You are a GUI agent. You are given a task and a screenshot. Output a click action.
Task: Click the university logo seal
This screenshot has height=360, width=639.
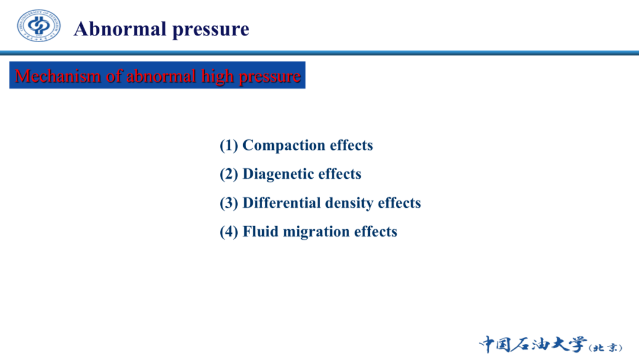(x=38, y=25)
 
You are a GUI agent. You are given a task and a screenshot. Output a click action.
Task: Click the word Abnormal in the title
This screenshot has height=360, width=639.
(x=120, y=29)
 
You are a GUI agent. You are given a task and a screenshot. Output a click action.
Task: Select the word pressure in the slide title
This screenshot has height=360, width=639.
(x=211, y=30)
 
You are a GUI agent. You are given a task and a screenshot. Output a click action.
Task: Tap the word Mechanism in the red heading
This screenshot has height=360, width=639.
(x=57, y=76)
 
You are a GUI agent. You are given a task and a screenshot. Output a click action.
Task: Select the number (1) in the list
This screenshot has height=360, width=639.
(x=228, y=146)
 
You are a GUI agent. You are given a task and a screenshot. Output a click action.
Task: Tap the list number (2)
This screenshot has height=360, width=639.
(x=228, y=174)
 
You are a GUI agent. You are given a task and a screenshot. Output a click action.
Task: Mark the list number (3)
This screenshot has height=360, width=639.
(x=228, y=203)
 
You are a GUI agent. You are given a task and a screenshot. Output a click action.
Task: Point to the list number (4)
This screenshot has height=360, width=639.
(x=228, y=232)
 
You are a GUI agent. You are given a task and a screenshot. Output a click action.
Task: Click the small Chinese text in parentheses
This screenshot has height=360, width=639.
(x=606, y=348)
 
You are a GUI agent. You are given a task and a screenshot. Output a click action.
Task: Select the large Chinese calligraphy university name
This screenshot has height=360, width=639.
(x=533, y=345)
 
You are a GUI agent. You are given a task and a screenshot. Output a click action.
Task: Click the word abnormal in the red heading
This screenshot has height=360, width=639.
(x=162, y=76)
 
